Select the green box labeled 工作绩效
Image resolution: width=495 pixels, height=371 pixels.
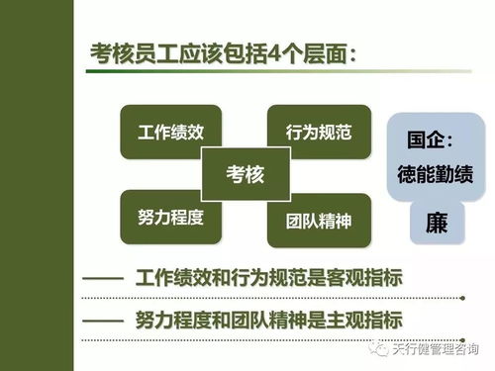coord(170,131)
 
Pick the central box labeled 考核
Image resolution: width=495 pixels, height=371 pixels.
coord(246,175)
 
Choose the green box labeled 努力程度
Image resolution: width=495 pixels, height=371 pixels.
coord(170,217)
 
